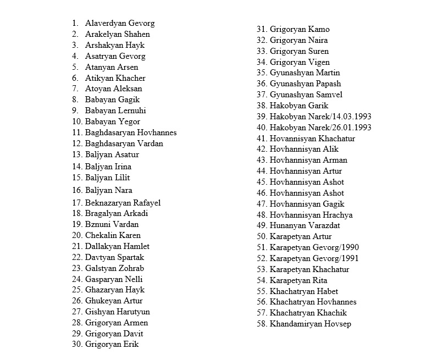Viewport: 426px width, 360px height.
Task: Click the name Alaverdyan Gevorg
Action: coord(120,23)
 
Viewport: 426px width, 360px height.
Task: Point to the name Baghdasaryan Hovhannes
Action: coord(131,132)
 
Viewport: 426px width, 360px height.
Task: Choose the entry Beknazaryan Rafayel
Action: coord(123,203)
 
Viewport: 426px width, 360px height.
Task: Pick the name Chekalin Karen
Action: coord(113,235)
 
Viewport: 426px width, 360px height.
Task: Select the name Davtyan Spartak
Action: coord(115,257)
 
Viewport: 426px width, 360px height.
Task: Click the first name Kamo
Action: coord(319,29)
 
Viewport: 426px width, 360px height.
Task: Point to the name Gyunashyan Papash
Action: coord(305,84)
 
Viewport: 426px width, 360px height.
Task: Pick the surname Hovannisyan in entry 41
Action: coord(293,139)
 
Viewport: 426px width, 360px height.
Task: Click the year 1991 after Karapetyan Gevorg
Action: coord(349,258)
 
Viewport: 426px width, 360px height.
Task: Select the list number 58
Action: coord(261,324)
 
